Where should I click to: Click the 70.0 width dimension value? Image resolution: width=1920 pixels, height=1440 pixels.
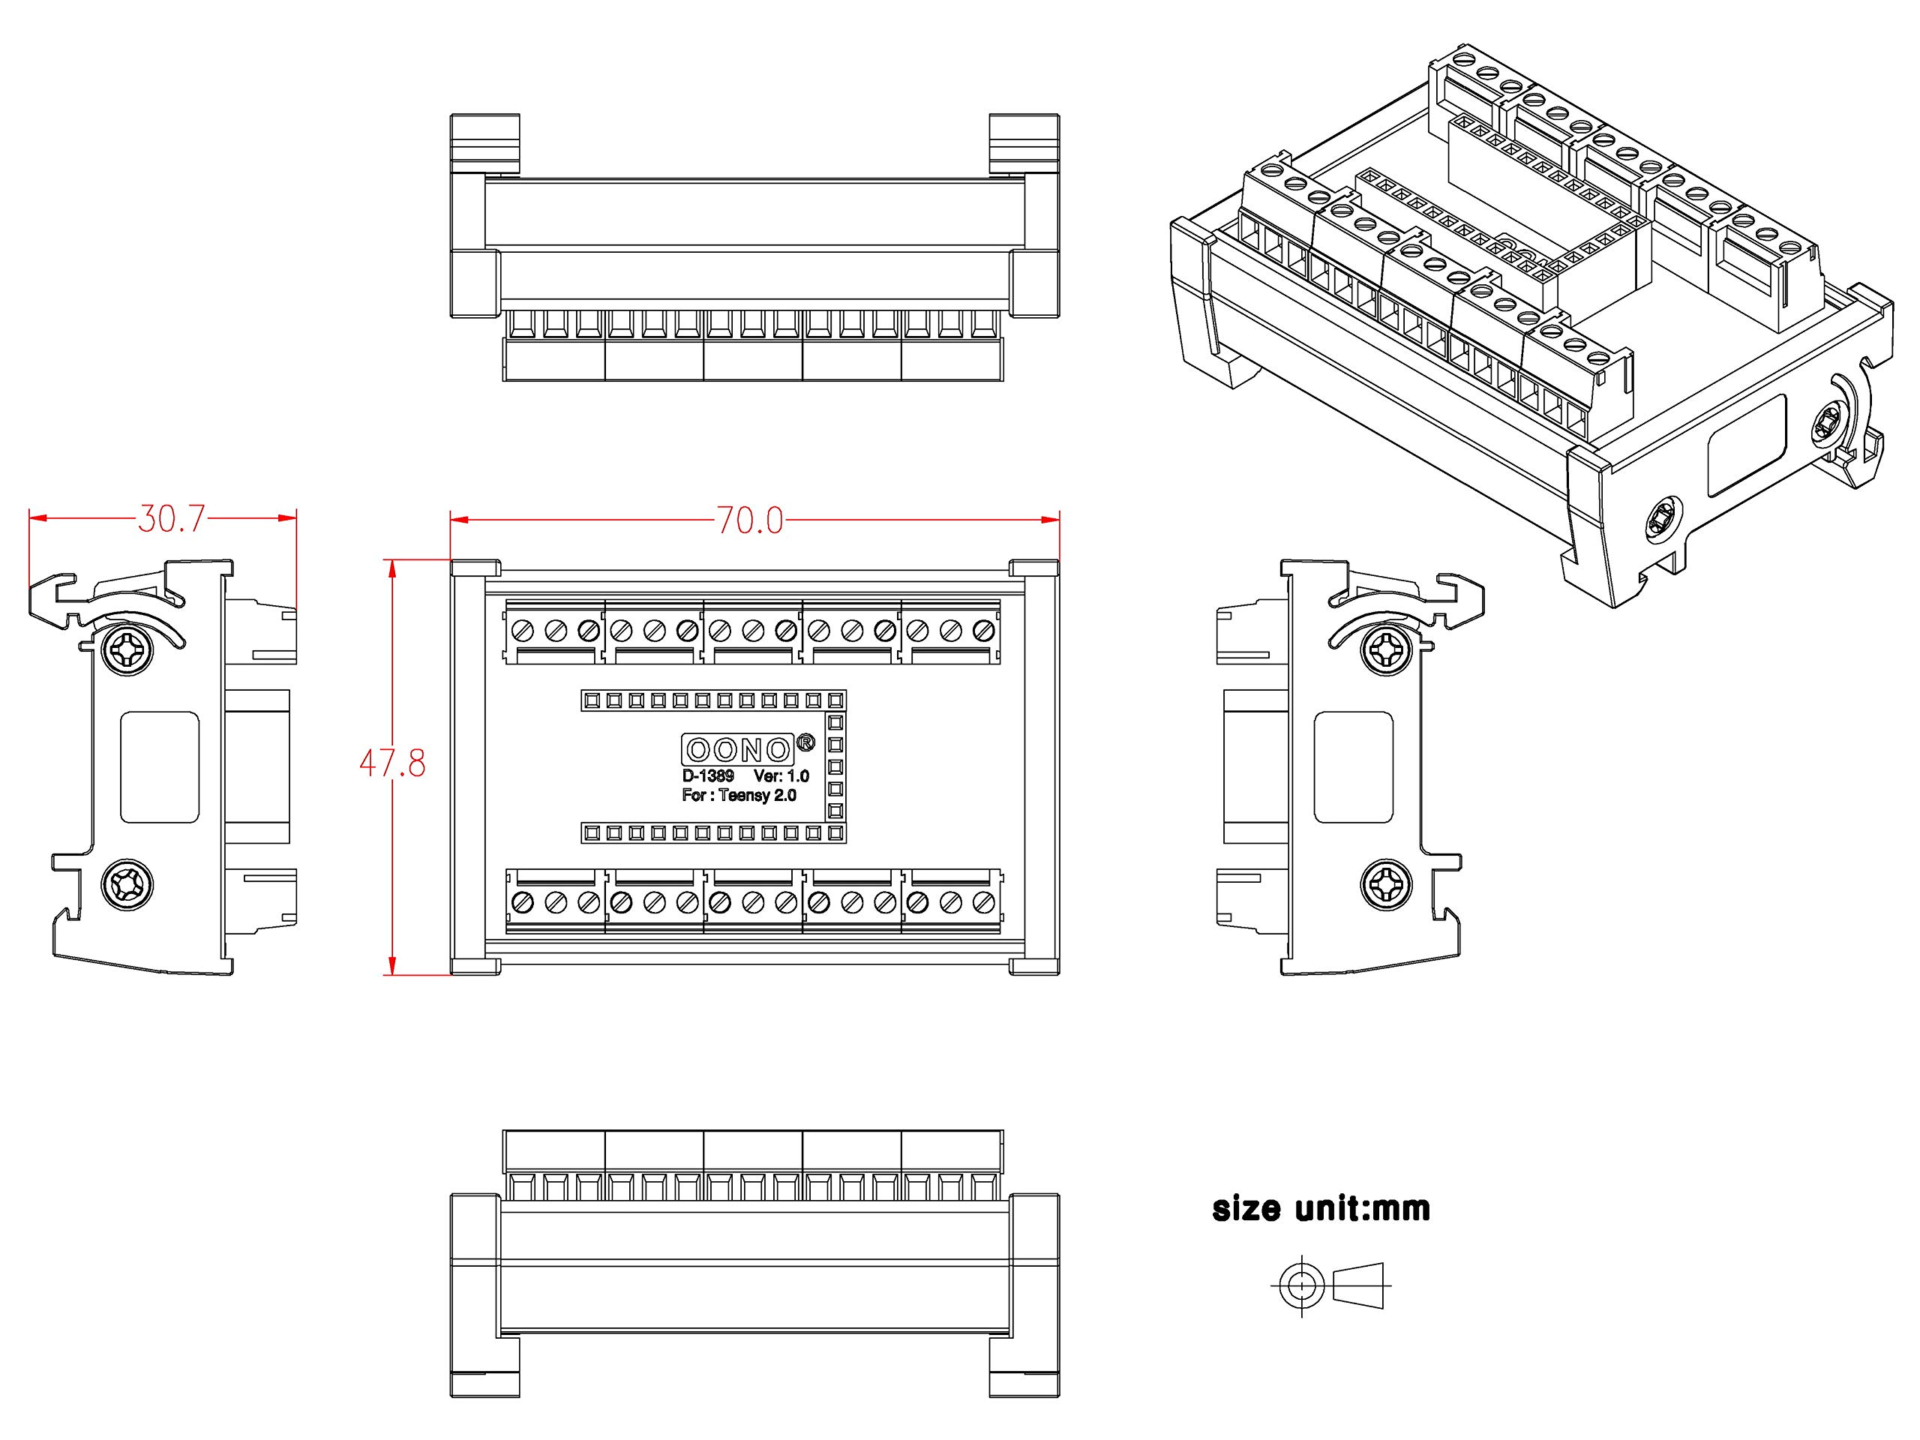pyautogui.click(x=750, y=520)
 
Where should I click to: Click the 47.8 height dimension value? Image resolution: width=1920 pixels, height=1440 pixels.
pyautogui.click(x=392, y=763)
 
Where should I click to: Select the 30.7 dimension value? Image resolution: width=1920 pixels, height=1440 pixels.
pyautogui.click(x=171, y=518)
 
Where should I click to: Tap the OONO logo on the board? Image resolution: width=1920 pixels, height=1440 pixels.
pyautogui.click(x=738, y=749)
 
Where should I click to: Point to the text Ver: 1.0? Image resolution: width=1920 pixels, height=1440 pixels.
pyautogui.click(x=781, y=776)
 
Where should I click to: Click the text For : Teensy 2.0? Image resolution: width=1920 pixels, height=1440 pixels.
pyautogui.click(x=739, y=795)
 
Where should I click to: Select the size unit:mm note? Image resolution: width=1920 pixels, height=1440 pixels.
pyautogui.click(x=1320, y=1208)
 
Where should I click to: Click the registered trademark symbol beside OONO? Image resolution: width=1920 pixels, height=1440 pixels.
pyautogui.click(x=805, y=742)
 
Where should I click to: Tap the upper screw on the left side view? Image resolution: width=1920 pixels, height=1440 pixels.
pyautogui.click(x=127, y=649)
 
